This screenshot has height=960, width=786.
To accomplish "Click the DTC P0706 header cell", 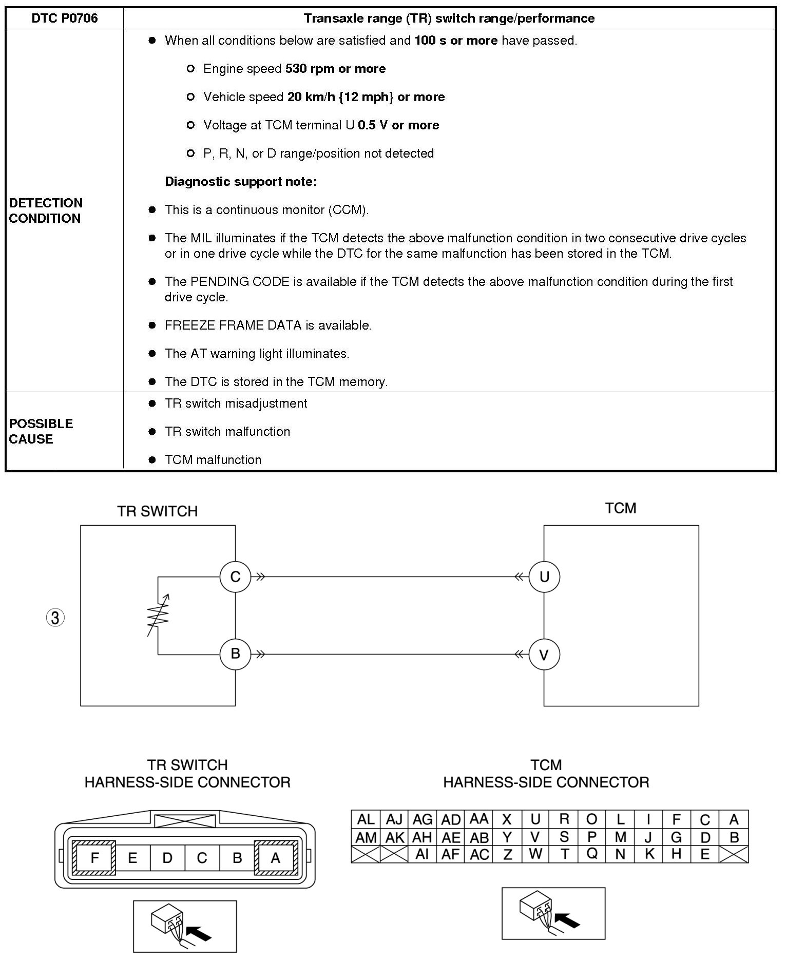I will [x=65, y=18].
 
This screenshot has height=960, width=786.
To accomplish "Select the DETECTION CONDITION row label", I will [x=46, y=210].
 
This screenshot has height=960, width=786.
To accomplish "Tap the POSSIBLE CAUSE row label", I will [x=41, y=431].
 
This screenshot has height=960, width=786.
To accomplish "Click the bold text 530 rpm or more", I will [x=335, y=69].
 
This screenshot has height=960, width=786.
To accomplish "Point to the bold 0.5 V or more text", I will [x=398, y=125].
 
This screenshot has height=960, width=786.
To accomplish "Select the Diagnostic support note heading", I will [x=241, y=182].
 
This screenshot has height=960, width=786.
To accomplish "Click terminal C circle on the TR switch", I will [x=235, y=577].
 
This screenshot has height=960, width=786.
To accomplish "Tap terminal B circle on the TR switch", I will [x=235, y=654].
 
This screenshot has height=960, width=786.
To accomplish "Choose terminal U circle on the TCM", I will [x=544, y=577].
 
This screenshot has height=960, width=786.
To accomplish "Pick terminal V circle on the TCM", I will [x=544, y=655].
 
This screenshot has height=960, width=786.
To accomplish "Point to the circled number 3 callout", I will [x=55, y=618].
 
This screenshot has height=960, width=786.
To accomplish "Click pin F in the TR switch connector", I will [x=94, y=858].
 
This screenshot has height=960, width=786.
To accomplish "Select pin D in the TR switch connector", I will [x=167, y=858].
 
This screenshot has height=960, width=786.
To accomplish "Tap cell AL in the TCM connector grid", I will [x=366, y=819].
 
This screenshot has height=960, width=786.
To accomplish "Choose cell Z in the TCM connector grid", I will [x=507, y=854].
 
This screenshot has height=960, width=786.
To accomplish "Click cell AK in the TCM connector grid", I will [x=394, y=837].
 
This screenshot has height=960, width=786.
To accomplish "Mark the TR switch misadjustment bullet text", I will [x=236, y=404].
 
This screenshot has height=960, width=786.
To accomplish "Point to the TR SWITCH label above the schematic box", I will [x=157, y=511].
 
